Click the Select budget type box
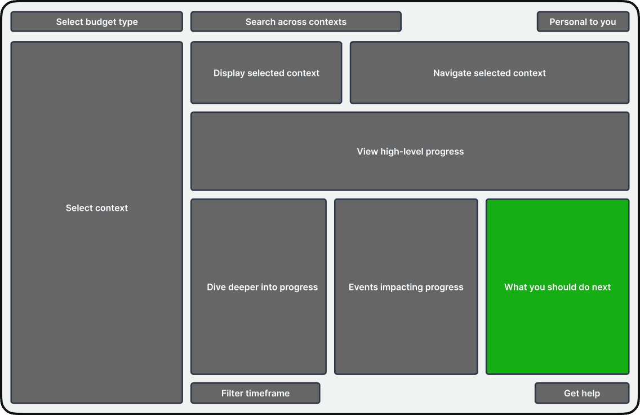click(97, 21)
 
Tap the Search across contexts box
click(296, 21)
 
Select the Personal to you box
click(583, 21)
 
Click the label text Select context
click(97, 208)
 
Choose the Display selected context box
click(266, 73)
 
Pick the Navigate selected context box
click(490, 73)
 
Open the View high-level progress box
click(410, 151)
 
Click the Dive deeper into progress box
click(259, 287)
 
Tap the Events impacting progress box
click(406, 287)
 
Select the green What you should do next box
click(557, 287)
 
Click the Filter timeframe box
click(255, 393)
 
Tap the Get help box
click(582, 393)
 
